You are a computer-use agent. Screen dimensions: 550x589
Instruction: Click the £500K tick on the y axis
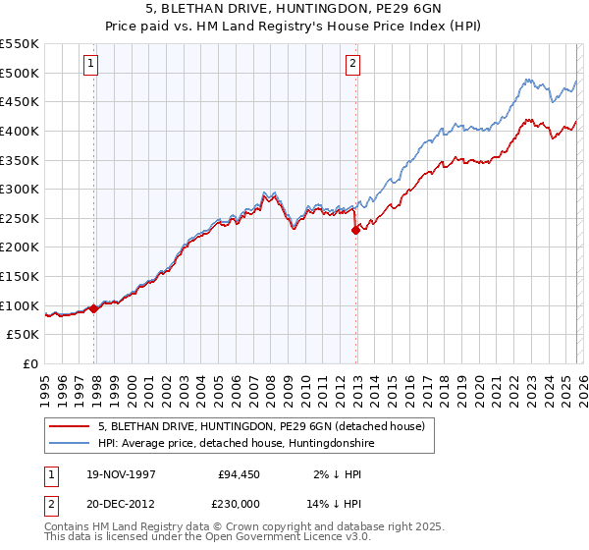pos(20,73)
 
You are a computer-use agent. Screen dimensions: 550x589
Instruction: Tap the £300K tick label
pos(20,189)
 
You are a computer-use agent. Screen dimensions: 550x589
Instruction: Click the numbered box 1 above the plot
pos(90,64)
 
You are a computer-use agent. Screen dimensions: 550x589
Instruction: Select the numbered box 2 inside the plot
pos(352,64)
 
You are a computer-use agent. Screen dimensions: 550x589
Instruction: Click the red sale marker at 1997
pos(94,308)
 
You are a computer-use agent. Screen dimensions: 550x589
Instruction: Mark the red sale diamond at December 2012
pos(355,230)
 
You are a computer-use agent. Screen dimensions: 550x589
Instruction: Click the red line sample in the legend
pos(69,426)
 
